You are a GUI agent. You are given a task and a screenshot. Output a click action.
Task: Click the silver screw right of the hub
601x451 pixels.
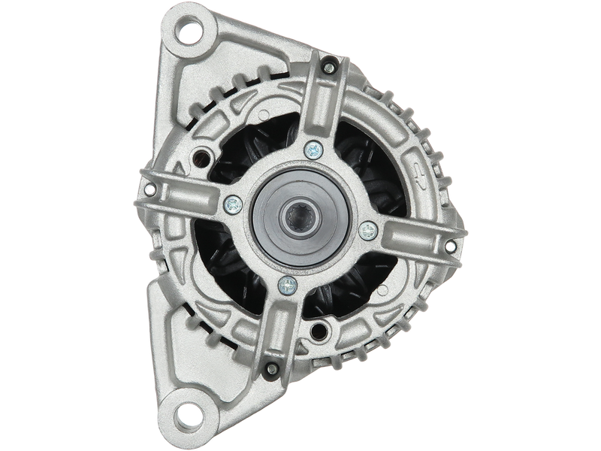click(367, 229)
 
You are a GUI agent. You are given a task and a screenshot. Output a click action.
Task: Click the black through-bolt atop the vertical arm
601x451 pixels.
click(328, 69)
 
